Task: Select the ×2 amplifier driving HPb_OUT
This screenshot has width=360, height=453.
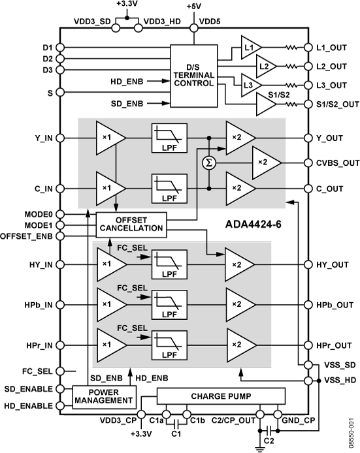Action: [238, 305]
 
